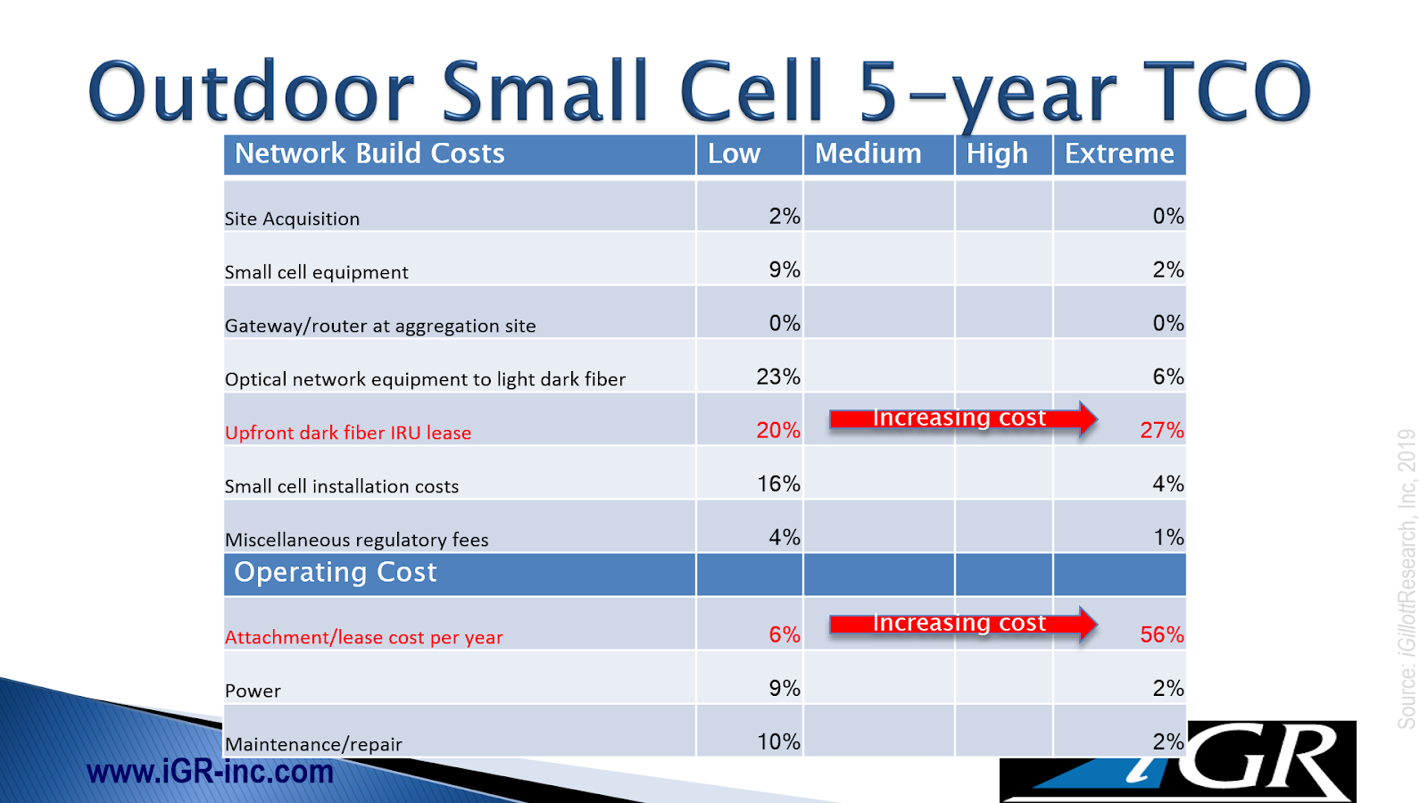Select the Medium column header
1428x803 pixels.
(x=868, y=153)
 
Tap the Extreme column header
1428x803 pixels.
(x=1119, y=153)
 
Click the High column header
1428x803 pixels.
(x=997, y=153)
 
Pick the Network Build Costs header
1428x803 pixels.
(x=369, y=153)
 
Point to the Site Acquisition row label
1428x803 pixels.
(x=292, y=219)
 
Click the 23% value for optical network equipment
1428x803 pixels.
(x=778, y=377)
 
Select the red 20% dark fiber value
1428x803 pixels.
(x=778, y=430)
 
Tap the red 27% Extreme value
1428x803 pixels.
(x=1161, y=430)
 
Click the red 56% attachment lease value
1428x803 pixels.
(x=1161, y=634)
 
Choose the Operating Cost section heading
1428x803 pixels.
(x=336, y=572)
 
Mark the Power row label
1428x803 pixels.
(x=253, y=691)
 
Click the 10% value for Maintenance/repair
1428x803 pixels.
(x=778, y=741)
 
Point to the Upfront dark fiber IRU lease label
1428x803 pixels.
(x=348, y=433)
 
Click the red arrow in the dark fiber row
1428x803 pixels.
(x=962, y=418)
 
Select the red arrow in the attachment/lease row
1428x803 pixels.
(x=962, y=624)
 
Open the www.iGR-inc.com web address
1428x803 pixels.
(x=210, y=771)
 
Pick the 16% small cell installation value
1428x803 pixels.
(x=778, y=484)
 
